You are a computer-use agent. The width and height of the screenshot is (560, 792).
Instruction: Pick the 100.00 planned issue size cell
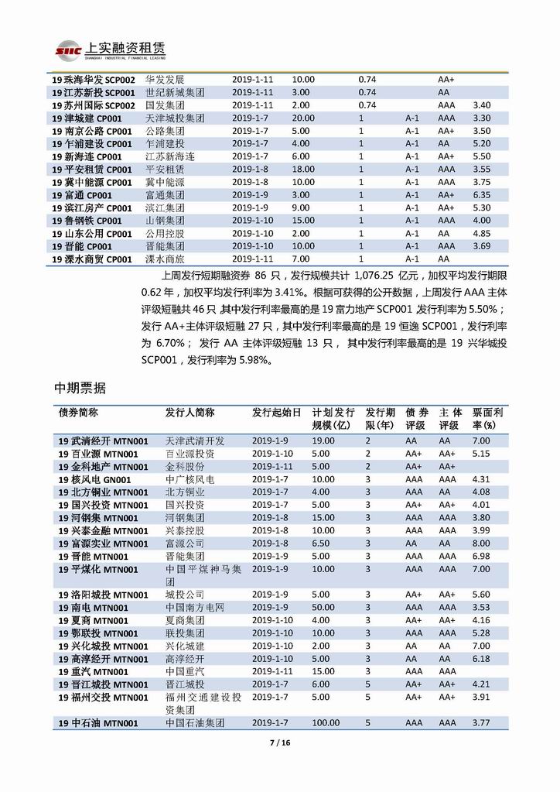326,723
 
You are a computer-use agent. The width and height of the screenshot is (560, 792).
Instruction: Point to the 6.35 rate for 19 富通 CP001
481,196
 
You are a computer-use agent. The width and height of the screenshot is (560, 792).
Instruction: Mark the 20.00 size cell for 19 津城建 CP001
303,118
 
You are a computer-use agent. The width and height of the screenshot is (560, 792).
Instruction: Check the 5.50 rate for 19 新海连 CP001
481,156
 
